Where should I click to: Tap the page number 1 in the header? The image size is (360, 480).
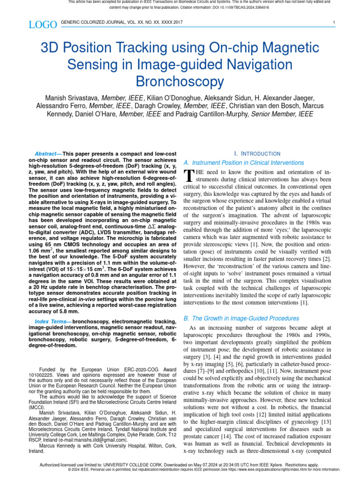click(x=333, y=22)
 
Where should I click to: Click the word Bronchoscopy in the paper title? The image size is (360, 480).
click(x=180, y=82)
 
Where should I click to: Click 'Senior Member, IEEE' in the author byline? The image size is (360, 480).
click(x=282, y=114)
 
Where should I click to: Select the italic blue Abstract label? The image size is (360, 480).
click(x=45, y=154)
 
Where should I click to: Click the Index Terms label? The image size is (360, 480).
click(x=52, y=321)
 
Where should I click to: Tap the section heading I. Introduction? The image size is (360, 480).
click(x=257, y=153)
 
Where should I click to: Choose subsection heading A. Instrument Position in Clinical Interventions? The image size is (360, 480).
click(x=243, y=163)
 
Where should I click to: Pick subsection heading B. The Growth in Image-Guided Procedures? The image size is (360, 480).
click(x=241, y=318)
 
